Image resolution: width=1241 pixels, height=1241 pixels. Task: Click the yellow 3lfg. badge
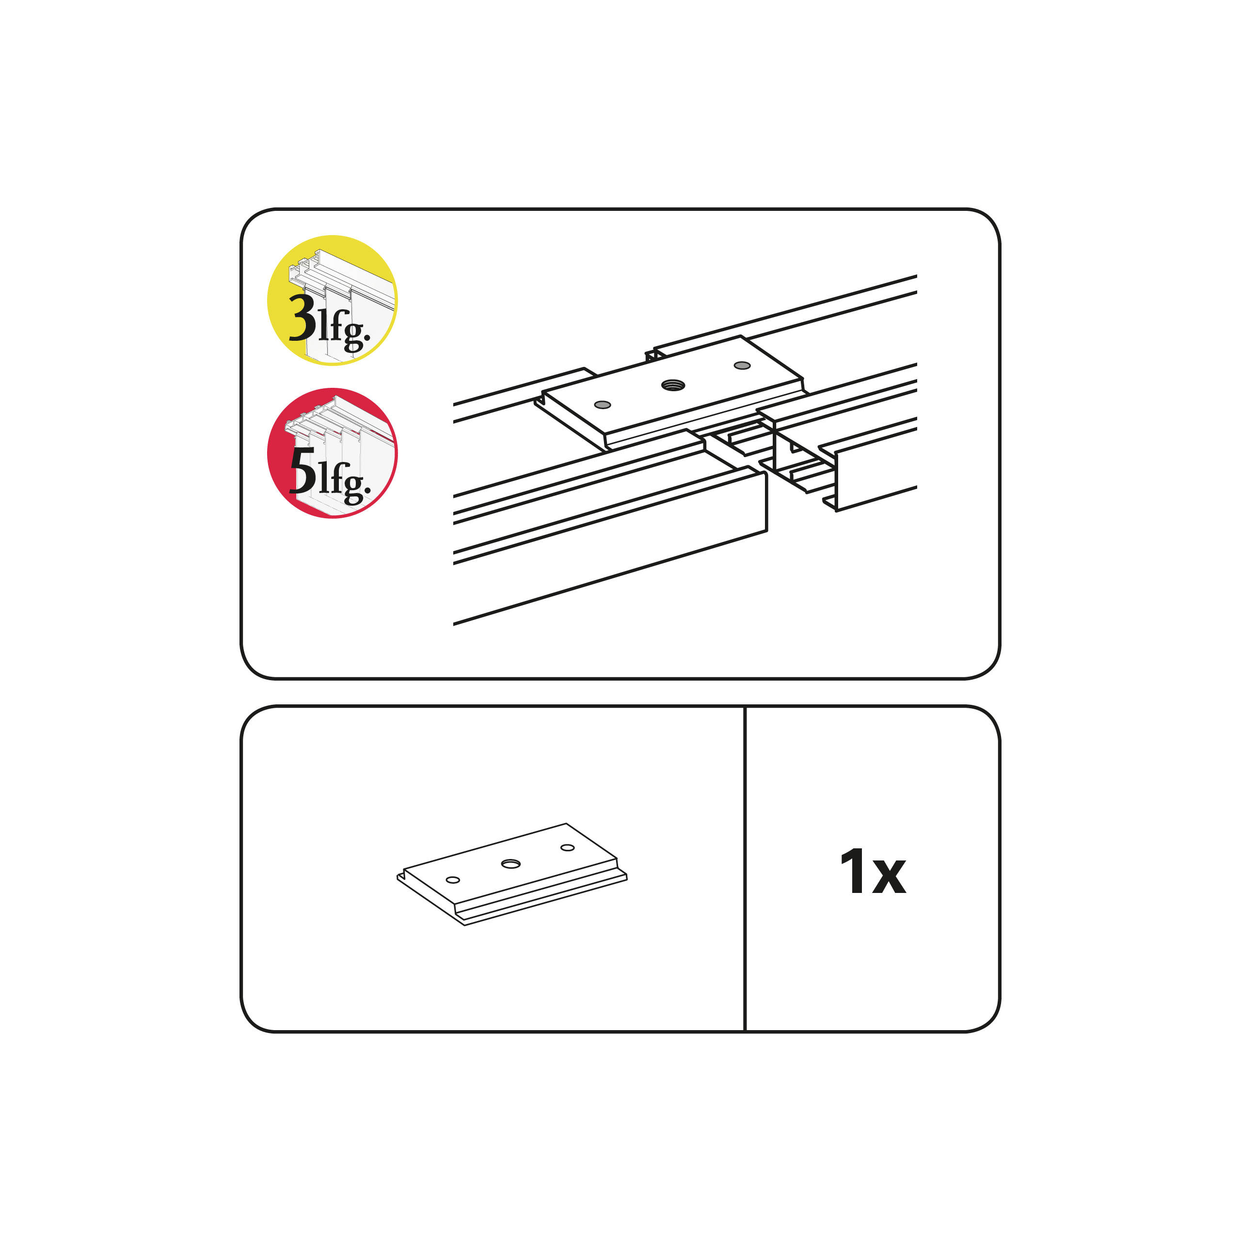(x=332, y=301)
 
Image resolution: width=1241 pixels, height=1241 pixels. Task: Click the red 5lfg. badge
(x=332, y=453)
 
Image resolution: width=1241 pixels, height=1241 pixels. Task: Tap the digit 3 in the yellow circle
(x=302, y=318)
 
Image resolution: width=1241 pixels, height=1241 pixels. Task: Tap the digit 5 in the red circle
(x=302, y=470)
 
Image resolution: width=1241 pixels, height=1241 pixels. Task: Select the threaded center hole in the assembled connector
(x=673, y=385)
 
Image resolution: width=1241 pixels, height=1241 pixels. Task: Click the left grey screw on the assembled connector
(x=603, y=405)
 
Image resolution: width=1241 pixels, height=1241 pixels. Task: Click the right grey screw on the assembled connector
(x=742, y=366)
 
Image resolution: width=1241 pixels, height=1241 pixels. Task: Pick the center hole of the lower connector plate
(x=511, y=864)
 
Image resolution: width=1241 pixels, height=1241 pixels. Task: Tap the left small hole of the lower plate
(x=453, y=880)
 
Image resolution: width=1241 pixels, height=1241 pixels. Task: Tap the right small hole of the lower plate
(x=567, y=848)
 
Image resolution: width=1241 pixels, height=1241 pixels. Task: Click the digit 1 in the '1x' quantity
(x=852, y=872)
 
